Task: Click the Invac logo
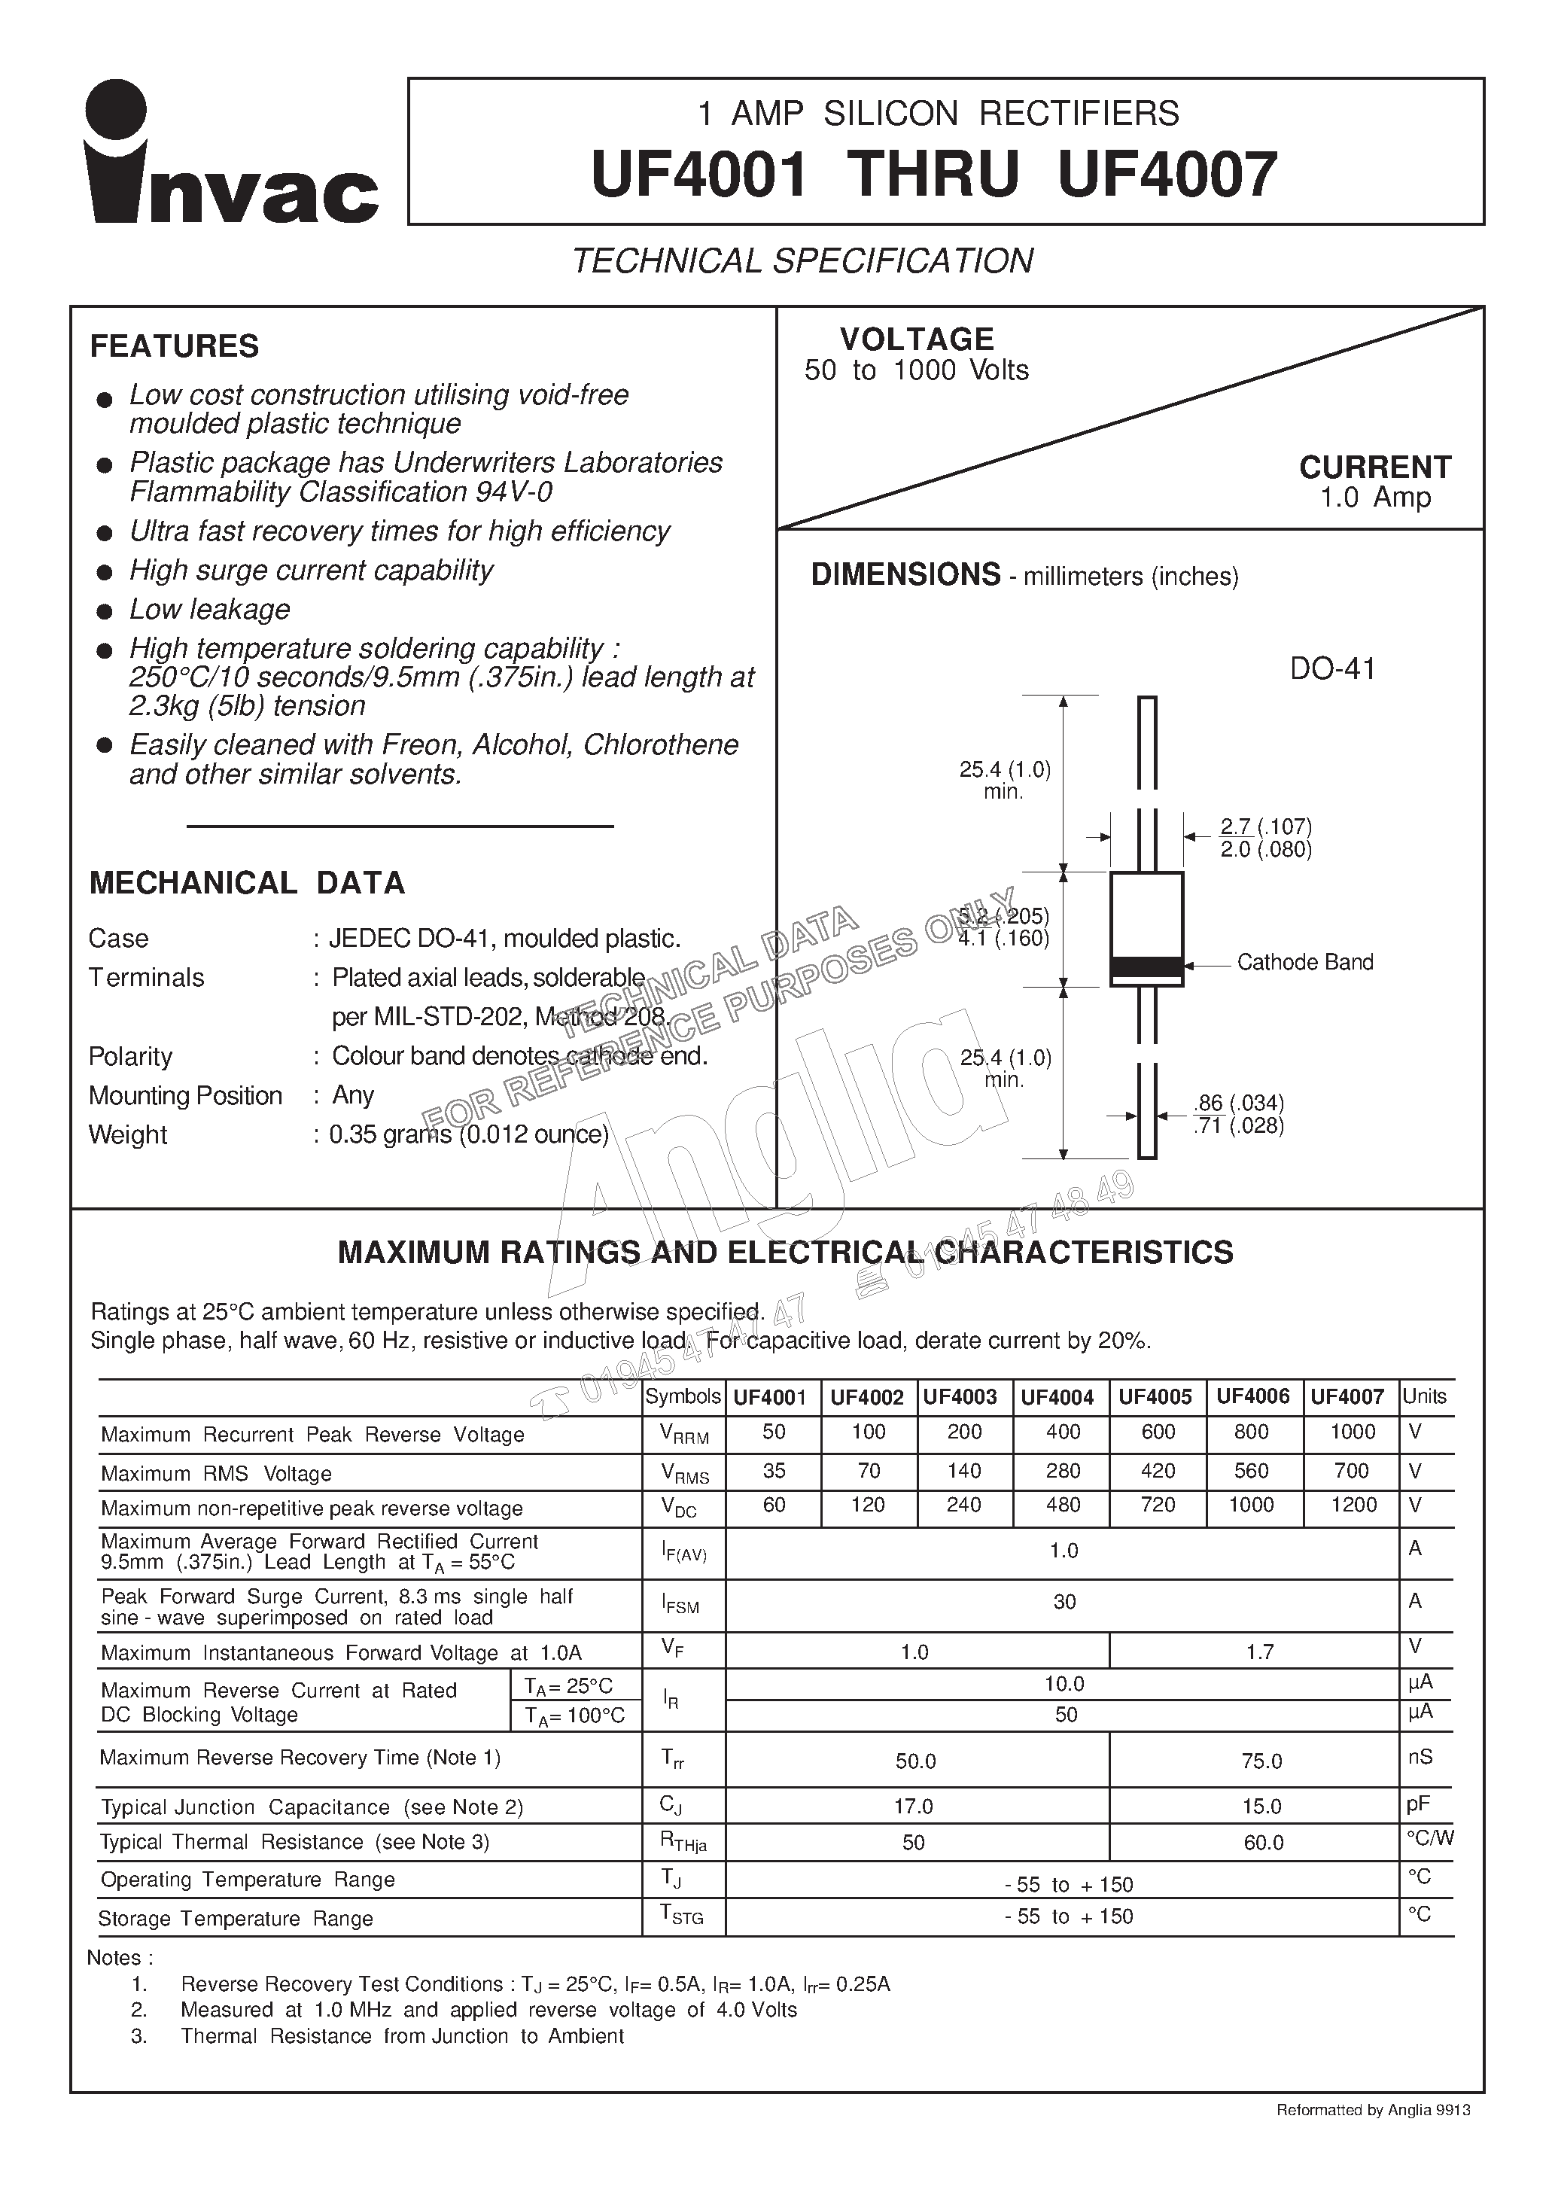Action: tap(230, 154)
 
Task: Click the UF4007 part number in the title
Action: tap(1167, 175)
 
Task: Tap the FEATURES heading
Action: tap(175, 346)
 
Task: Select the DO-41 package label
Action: tap(1331, 669)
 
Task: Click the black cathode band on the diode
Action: tap(1146, 967)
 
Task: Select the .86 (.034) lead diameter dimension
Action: tap(1239, 1104)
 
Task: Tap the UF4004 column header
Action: tap(1057, 1398)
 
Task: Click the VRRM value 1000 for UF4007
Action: tap(1352, 1432)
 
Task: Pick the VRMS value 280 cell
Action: tap(1062, 1472)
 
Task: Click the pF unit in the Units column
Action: tap(1418, 1805)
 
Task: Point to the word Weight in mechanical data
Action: tap(127, 1135)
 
